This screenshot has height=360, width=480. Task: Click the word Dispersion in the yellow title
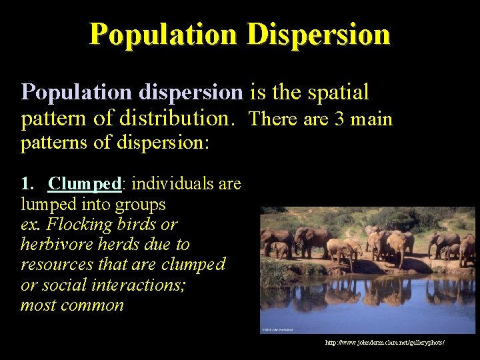tap(318, 34)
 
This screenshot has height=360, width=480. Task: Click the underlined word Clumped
tap(84, 183)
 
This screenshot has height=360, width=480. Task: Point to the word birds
tap(147, 223)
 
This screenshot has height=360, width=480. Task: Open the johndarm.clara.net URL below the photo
tap(385, 343)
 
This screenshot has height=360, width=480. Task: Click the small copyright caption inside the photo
tap(280, 329)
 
